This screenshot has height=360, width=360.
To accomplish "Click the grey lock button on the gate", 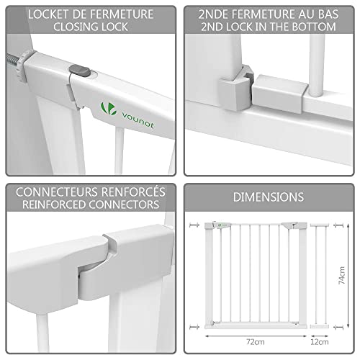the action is [x=80, y=71].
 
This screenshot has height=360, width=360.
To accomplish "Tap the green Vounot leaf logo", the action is [x=109, y=109].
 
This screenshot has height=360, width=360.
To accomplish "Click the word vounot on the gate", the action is [x=138, y=120].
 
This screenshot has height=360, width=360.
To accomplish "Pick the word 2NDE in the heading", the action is [x=213, y=14].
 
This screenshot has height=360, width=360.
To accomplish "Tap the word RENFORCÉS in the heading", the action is [x=133, y=192].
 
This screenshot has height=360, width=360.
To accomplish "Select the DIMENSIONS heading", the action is [x=269, y=197].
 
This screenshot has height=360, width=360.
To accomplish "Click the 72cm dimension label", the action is [x=256, y=341].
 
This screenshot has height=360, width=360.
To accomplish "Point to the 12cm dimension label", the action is [x=320, y=341].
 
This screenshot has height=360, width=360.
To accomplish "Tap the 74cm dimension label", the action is [x=341, y=275].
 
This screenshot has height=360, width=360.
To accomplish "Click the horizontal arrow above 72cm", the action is [x=256, y=336].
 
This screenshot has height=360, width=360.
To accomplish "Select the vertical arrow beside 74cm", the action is [x=348, y=276].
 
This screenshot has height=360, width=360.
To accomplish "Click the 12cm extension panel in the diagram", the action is [x=319, y=276].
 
